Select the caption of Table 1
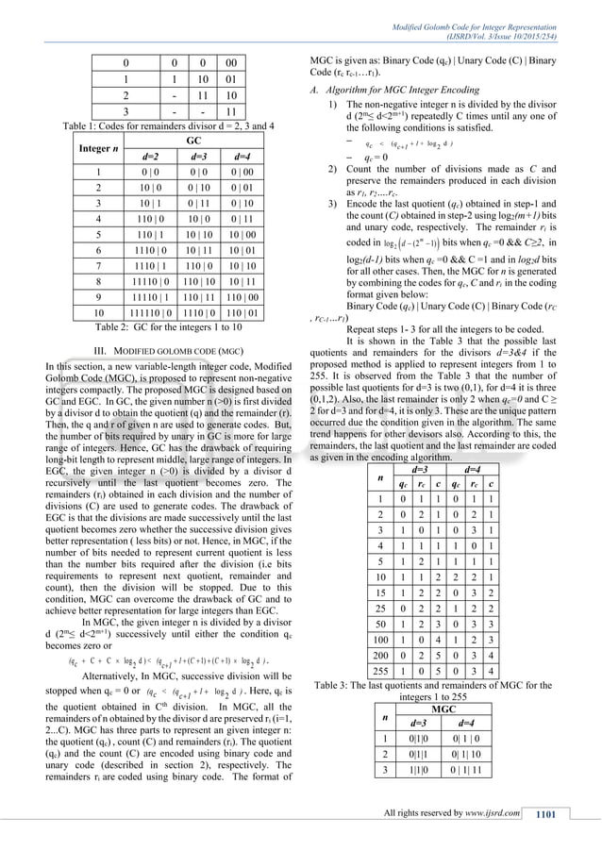coord(157,125)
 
